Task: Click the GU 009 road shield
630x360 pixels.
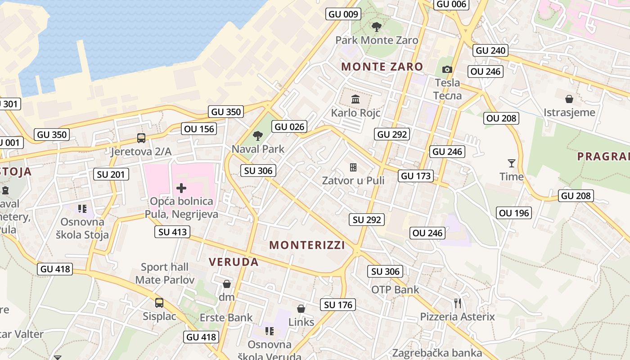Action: pyautogui.click(x=343, y=14)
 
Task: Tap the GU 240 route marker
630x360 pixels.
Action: pyautogui.click(x=490, y=50)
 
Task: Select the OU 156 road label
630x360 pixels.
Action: pyautogui.click(x=199, y=129)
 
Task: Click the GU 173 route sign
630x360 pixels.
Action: pyautogui.click(x=416, y=176)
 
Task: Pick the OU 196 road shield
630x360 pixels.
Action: pyautogui.click(x=514, y=213)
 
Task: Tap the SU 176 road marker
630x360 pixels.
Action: pyautogui.click(x=338, y=305)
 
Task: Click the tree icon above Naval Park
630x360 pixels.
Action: pyautogui.click(x=258, y=135)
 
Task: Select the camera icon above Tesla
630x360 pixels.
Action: pyautogui.click(x=447, y=69)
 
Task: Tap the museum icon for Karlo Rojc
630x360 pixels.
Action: pyautogui.click(x=355, y=99)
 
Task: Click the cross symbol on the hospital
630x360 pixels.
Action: pyautogui.click(x=181, y=188)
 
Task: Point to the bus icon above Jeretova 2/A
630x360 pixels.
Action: pyautogui.click(x=141, y=138)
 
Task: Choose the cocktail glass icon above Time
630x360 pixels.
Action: pyautogui.click(x=511, y=163)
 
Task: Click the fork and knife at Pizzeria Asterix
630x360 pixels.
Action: pyautogui.click(x=458, y=303)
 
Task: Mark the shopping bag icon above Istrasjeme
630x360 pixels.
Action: pyautogui.click(x=569, y=99)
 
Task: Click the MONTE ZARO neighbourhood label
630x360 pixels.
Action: pyautogui.click(x=382, y=67)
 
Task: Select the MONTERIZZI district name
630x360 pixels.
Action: pyautogui.click(x=307, y=245)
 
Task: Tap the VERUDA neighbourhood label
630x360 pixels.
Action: pyautogui.click(x=234, y=262)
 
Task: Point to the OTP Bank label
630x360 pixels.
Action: pyautogui.click(x=395, y=289)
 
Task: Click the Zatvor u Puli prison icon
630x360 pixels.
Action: pyautogui.click(x=353, y=167)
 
